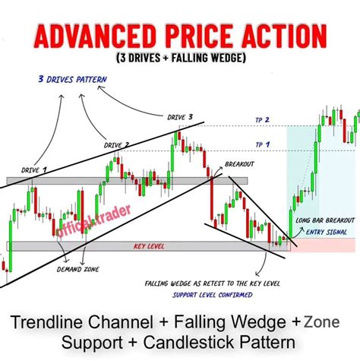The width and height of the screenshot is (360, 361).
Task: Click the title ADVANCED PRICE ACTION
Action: pos(180,36)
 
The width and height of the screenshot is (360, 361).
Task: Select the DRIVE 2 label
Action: pos(116,144)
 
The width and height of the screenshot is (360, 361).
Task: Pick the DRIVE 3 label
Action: pos(180,117)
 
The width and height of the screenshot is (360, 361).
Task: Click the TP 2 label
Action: pos(264,120)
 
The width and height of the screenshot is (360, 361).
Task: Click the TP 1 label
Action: pos(264,144)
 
